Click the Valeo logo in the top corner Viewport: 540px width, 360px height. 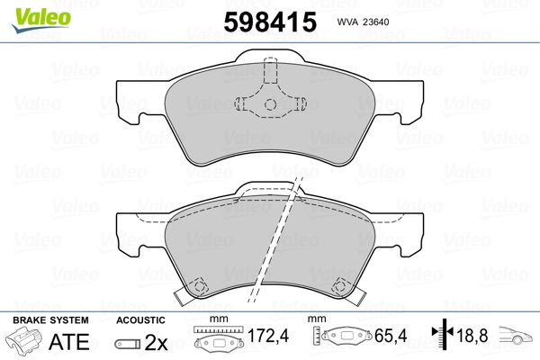click(41, 20)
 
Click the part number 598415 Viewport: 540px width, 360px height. click(270, 22)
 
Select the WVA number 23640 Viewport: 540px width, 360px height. click(375, 22)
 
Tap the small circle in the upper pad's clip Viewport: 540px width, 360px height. click(270, 104)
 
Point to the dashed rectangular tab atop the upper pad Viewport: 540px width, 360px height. click(270, 70)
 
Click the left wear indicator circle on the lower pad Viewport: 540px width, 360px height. click(198, 286)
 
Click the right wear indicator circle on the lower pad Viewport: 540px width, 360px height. click(340, 285)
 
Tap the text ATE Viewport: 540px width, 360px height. click(69, 342)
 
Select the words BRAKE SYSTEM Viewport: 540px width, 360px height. click(51, 320)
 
